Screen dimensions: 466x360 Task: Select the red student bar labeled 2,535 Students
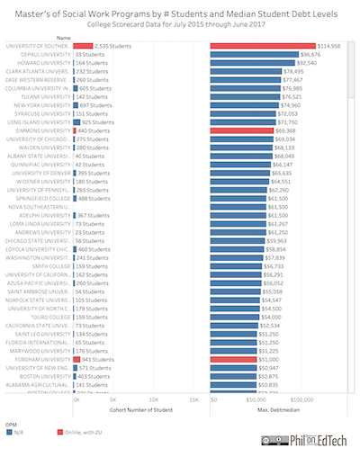pos(83,45)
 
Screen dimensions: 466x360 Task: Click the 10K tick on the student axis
pos(154,399)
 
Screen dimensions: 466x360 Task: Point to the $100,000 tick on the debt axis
pos(302,399)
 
